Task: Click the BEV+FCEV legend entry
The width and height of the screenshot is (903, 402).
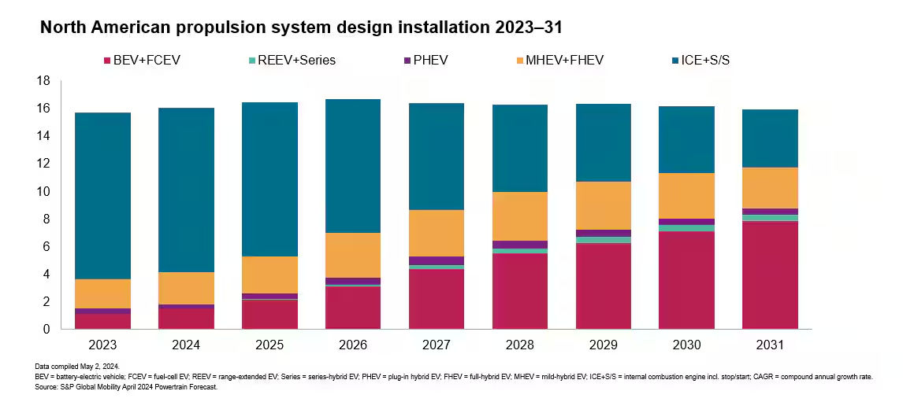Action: click(x=142, y=60)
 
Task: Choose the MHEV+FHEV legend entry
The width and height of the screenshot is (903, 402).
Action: click(x=552, y=60)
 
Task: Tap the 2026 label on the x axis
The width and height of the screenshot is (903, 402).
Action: click(x=353, y=345)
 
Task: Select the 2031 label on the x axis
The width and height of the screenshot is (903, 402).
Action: click(x=770, y=345)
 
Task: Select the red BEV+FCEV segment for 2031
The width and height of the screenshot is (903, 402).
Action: click(x=770, y=275)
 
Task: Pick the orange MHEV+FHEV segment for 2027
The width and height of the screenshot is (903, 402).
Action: click(x=437, y=233)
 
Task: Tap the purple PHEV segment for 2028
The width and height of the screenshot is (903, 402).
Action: click(x=520, y=245)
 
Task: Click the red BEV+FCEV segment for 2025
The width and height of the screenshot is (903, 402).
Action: click(x=269, y=315)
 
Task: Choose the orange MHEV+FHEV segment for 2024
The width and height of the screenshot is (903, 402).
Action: click(x=186, y=288)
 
